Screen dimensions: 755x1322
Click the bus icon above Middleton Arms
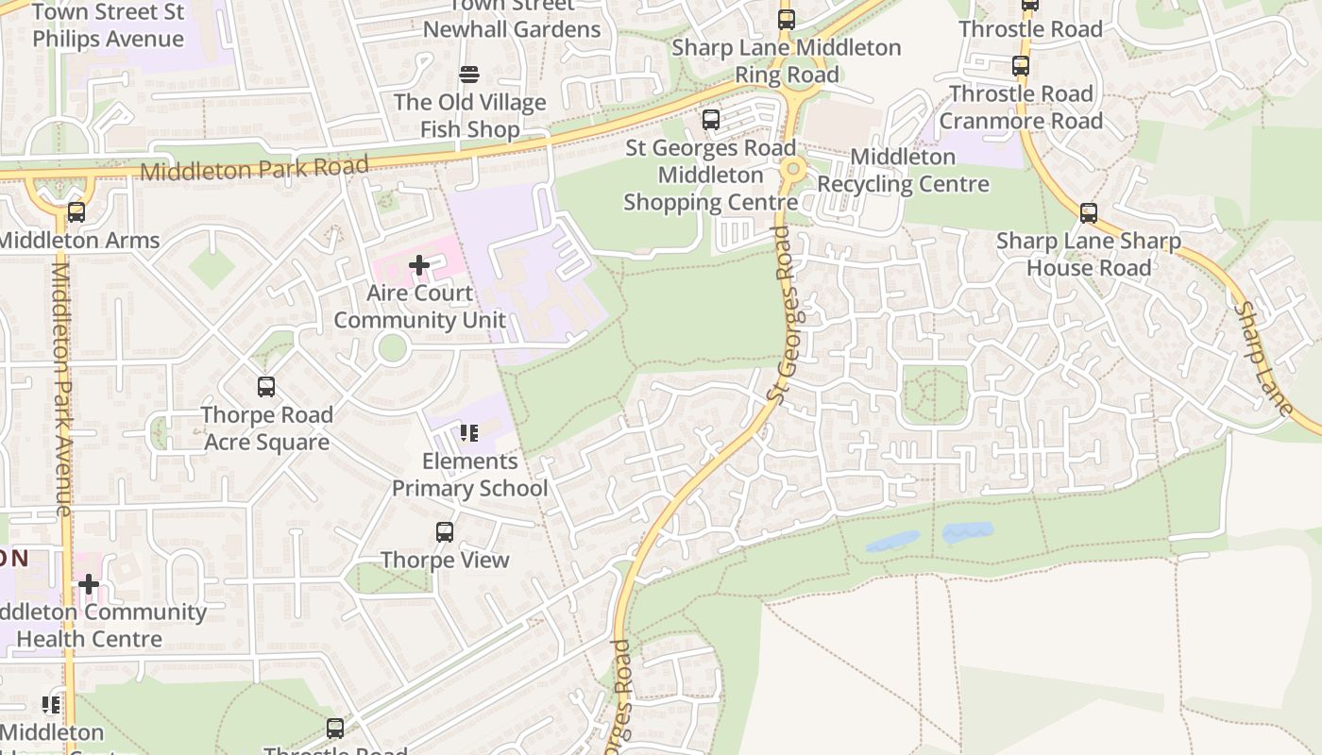(x=76, y=212)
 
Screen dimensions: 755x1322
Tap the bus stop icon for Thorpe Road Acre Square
(x=266, y=387)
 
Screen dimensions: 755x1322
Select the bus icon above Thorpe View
(x=445, y=532)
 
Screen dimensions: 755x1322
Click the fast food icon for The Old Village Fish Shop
(x=469, y=75)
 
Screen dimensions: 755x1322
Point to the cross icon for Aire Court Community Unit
(x=419, y=265)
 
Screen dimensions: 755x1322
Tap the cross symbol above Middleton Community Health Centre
(x=89, y=584)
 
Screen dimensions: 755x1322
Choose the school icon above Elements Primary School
(x=469, y=433)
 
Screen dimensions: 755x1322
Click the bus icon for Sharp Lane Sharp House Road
(x=1089, y=213)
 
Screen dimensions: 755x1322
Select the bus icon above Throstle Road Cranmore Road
(x=1021, y=66)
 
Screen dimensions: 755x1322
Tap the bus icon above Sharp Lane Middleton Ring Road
(x=787, y=20)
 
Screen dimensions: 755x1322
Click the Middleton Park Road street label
(x=254, y=169)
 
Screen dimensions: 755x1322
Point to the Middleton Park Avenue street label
(x=62, y=387)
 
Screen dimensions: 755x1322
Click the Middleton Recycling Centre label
(x=903, y=170)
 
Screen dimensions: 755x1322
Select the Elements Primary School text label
(x=469, y=475)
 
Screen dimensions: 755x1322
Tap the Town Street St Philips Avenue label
(x=109, y=25)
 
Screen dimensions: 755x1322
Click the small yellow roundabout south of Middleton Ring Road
(x=793, y=169)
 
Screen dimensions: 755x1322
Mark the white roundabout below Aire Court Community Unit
(x=392, y=348)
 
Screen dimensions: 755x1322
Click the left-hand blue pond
(x=892, y=541)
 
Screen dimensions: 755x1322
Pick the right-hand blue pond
(x=968, y=532)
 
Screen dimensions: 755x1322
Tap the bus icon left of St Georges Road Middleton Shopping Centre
(x=711, y=121)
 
